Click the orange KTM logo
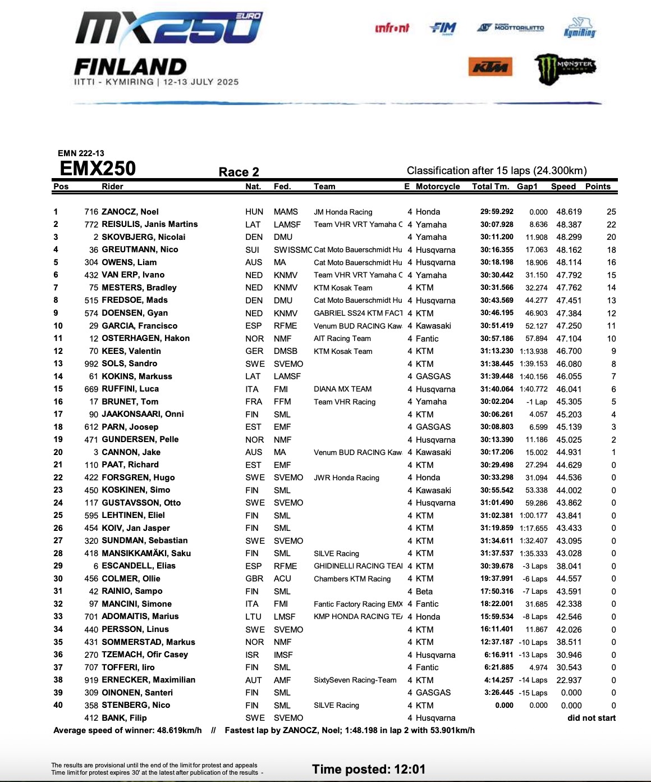[x=490, y=67]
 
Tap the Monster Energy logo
[x=564, y=67]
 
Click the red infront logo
[x=392, y=28]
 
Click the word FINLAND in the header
[x=130, y=67]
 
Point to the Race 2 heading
[x=239, y=172]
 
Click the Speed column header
[x=563, y=187]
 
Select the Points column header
[x=598, y=187]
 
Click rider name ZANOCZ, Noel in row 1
[x=130, y=212]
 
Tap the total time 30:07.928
[x=497, y=224]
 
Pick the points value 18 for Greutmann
[x=611, y=249]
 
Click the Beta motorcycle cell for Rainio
[x=424, y=591]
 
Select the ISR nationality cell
[x=253, y=654]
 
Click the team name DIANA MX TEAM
[x=342, y=389]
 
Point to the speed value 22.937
[x=569, y=680]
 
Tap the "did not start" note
[x=592, y=718]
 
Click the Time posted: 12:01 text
[x=369, y=769]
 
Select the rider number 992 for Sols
[x=91, y=363]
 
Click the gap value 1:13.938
[x=534, y=351]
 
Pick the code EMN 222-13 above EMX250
[x=81, y=153]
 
